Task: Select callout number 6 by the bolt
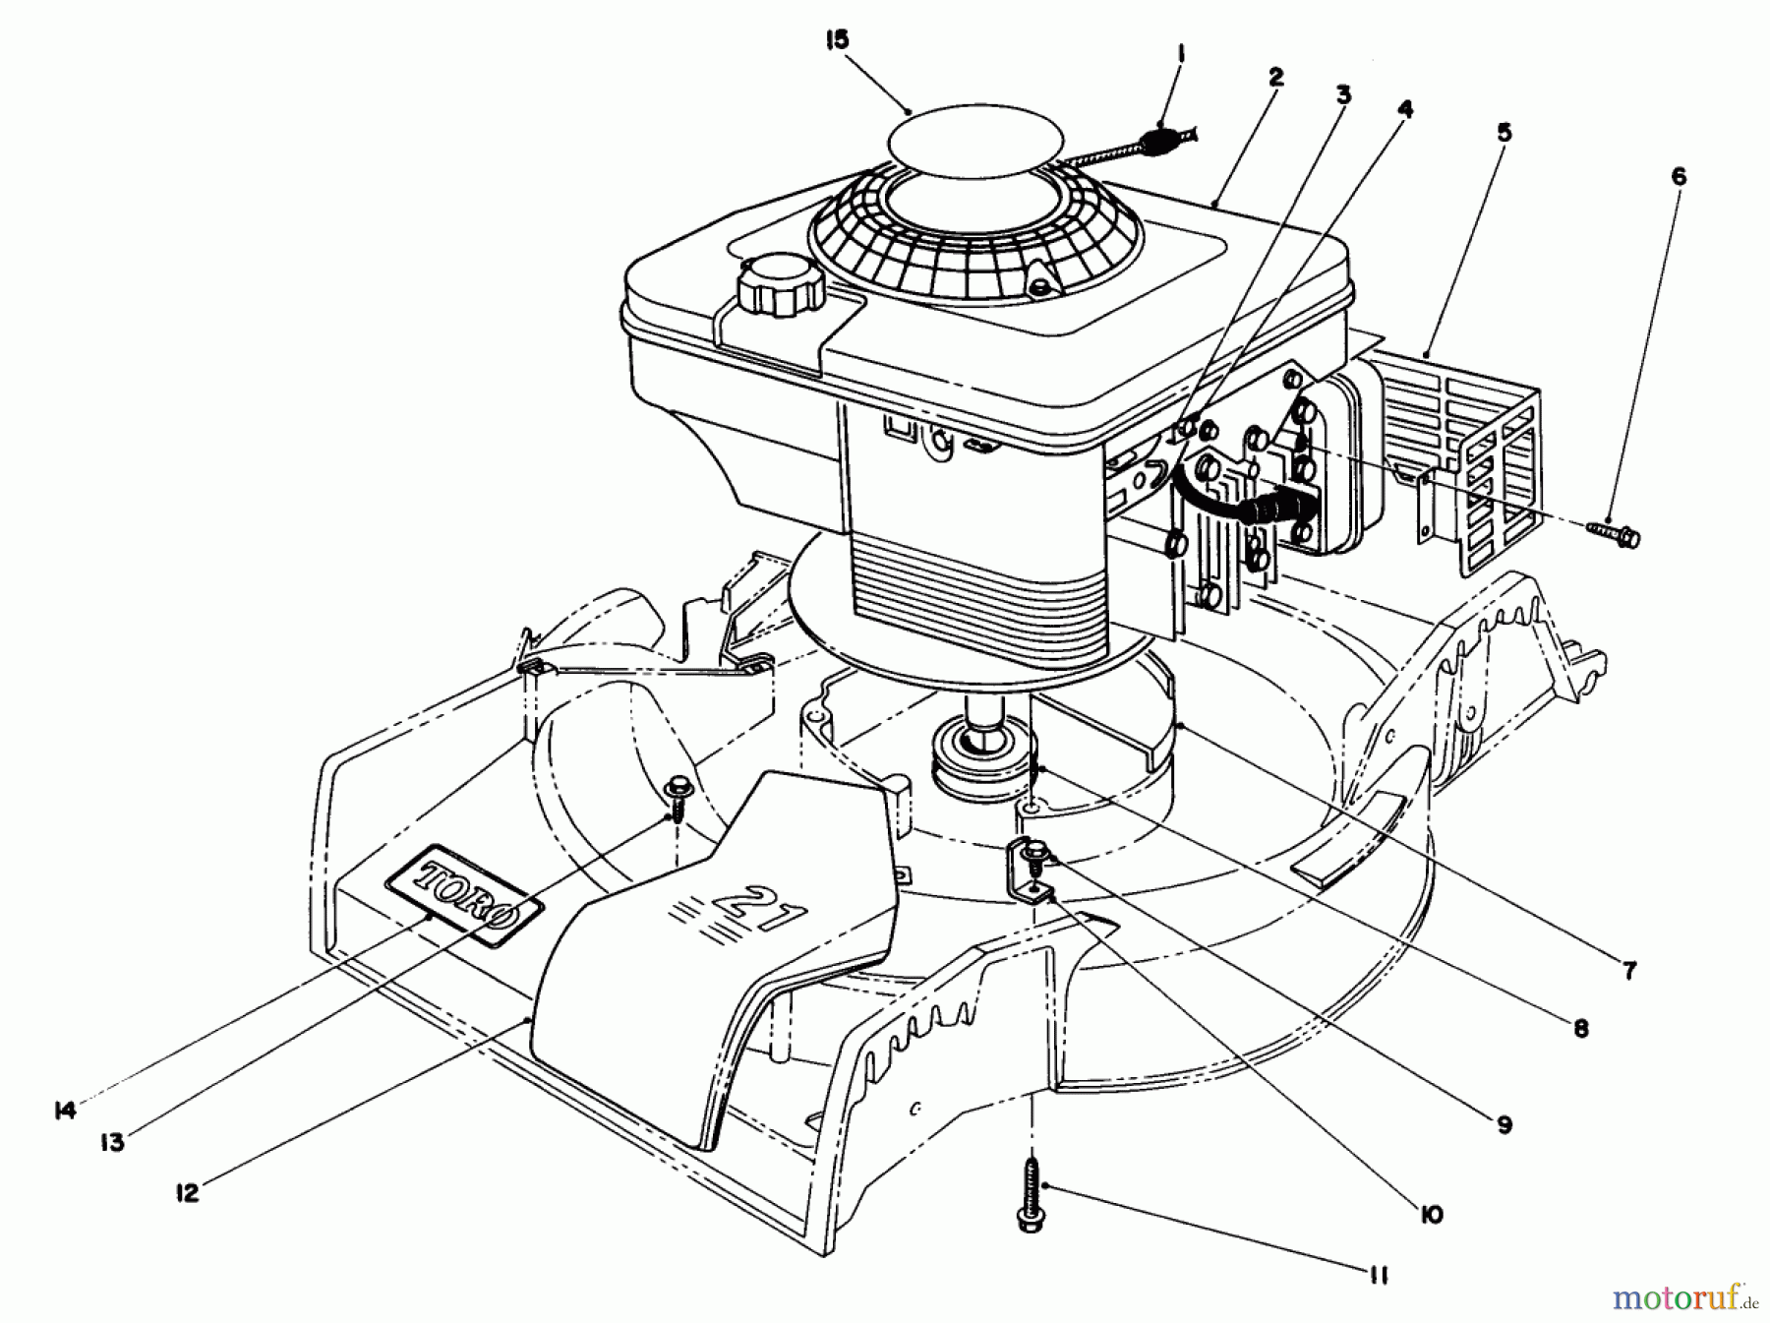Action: click(1679, 177)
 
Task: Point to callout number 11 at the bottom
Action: click(1378, 1276)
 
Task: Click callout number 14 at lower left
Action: click(64, 1111)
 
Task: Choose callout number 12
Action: click(187, 1193)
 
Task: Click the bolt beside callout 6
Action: click(1615, 532)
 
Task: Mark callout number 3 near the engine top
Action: click(1343, 95)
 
